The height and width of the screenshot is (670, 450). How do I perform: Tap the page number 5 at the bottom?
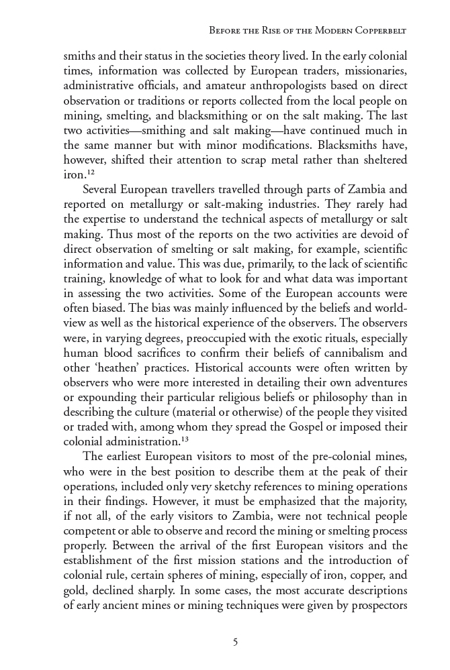pos(235,642)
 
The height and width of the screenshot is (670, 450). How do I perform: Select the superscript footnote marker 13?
pos(185,439)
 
